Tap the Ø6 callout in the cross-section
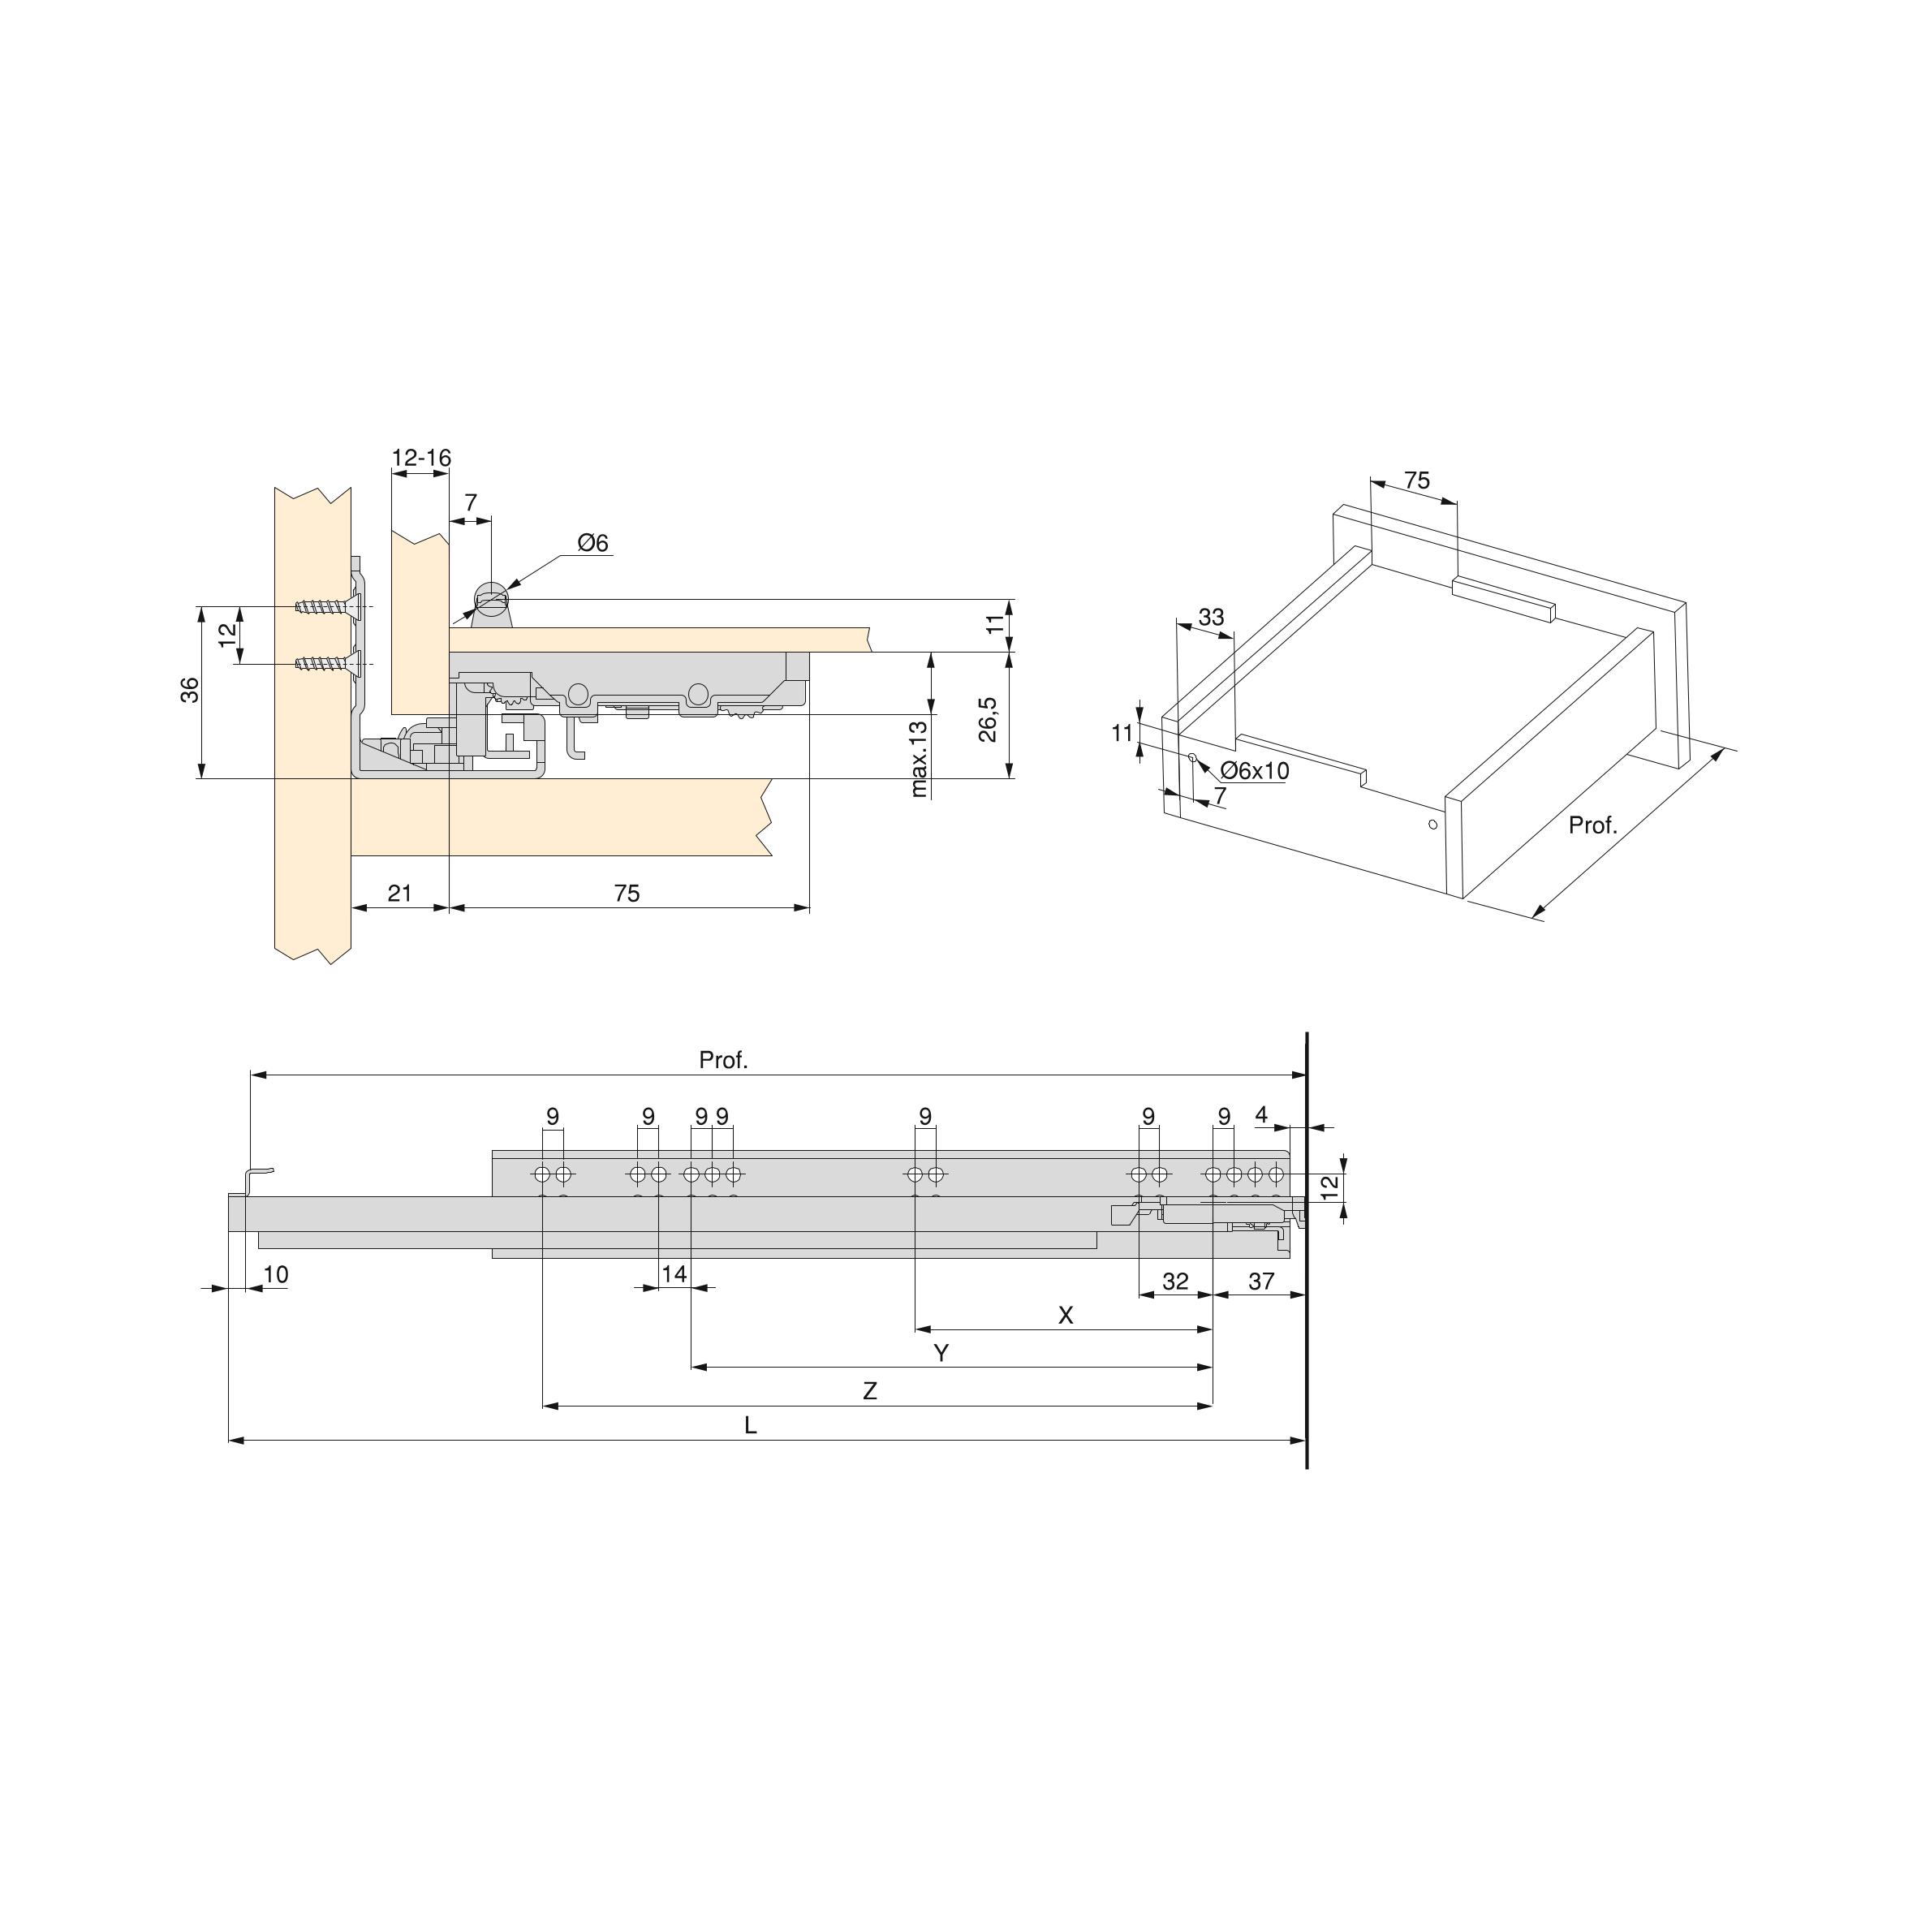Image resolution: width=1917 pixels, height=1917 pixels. (x=592, y=543)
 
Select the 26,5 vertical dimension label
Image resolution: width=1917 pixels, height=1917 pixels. (x=989, y=718)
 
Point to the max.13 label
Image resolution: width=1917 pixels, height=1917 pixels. (x=919, y=759)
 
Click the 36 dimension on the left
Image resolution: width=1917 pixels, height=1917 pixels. (x=191, y=690)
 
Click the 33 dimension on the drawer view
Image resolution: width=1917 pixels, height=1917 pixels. (x=1211, y=617)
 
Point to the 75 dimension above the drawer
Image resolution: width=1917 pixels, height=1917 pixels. (x=1417, y=481)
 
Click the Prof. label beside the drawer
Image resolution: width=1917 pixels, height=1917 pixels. (x=1592, y=825)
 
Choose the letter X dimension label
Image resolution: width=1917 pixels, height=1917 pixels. (x=1066, y=1316)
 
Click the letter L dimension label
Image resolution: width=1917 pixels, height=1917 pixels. (x=750, y=1427)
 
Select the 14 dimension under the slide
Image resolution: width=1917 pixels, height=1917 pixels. (x=674, y=1274)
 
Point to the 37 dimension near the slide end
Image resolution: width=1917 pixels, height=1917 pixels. (x=1260, y=1281)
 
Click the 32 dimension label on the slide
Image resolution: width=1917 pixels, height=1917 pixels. (x=1175, y=1281)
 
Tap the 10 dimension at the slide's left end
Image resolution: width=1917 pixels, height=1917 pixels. (x=276, y=1275)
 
